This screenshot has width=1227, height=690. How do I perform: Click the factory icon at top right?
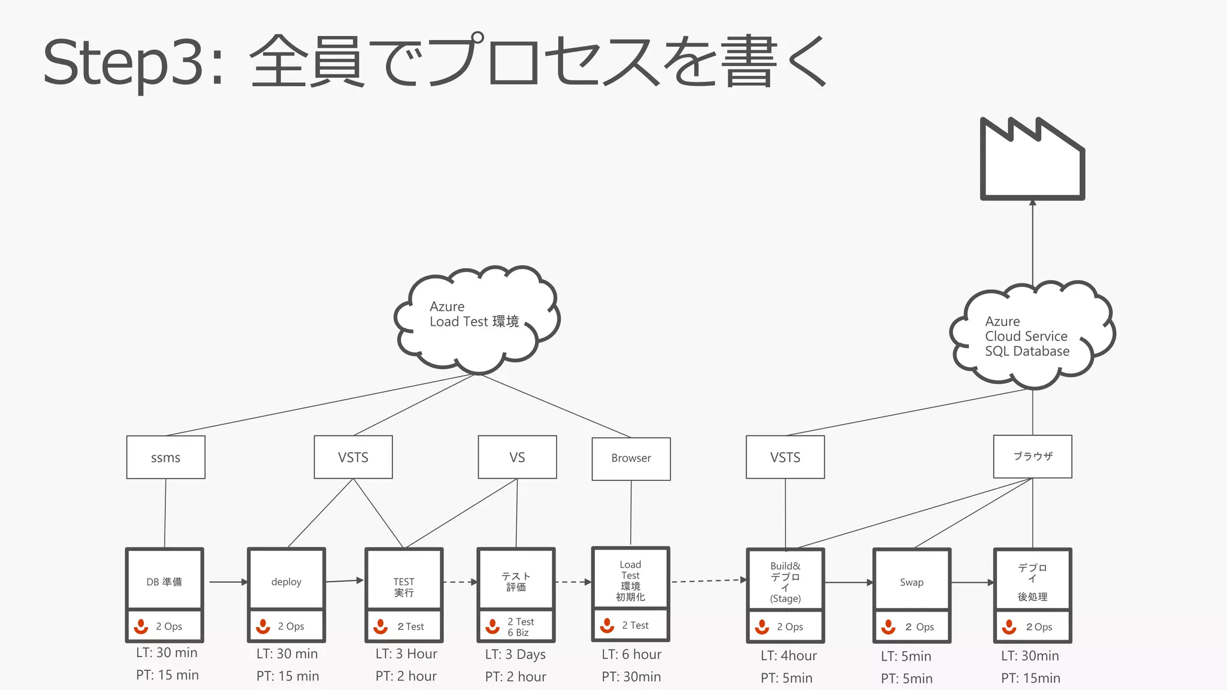(x=1032, y=162)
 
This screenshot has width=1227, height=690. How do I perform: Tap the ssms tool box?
(x=165, y=458)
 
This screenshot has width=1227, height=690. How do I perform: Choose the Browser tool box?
(x=631, y=458)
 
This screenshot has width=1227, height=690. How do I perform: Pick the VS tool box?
(x=517, y=458)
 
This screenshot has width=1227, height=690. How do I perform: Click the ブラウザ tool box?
(x=1032, y=456)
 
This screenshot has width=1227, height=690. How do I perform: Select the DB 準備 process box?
(x=164, y=581)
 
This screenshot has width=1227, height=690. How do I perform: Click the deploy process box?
(x=286, y=581)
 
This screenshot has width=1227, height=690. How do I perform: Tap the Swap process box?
(x=911, y=582)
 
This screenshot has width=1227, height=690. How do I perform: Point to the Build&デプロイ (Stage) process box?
(x=785, y=582)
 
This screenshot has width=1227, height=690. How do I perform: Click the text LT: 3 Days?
(x=515, y=654)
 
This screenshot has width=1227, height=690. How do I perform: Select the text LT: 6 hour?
(x=631, y=654)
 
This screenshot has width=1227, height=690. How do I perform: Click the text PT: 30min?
(x=631, y=677)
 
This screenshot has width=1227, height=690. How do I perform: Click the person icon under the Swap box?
(x=888, y=627)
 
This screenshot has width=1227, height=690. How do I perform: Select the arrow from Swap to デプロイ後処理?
(x=972, y=582)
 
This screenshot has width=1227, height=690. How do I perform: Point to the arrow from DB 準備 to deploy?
(x=228, y=582)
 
